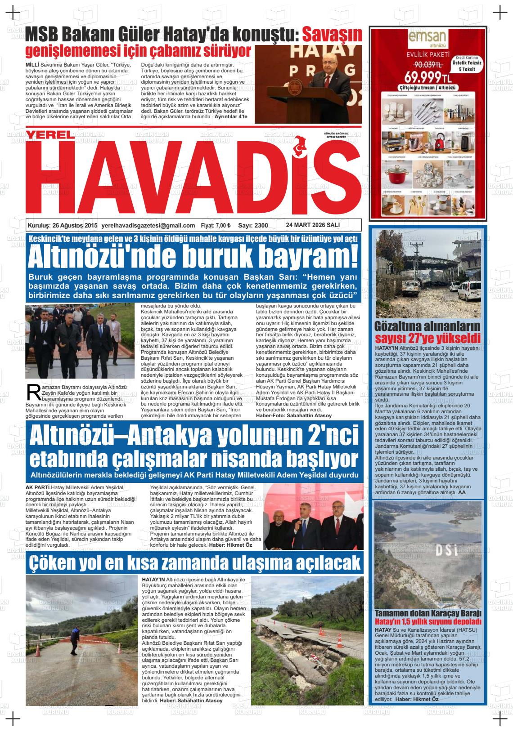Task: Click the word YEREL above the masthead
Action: (x=49, y=134)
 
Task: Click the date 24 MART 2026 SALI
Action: (x=312, y=225)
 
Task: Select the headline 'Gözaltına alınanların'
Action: (x=427, y=326)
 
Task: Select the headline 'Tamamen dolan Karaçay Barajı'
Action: (x=428, y=613)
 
